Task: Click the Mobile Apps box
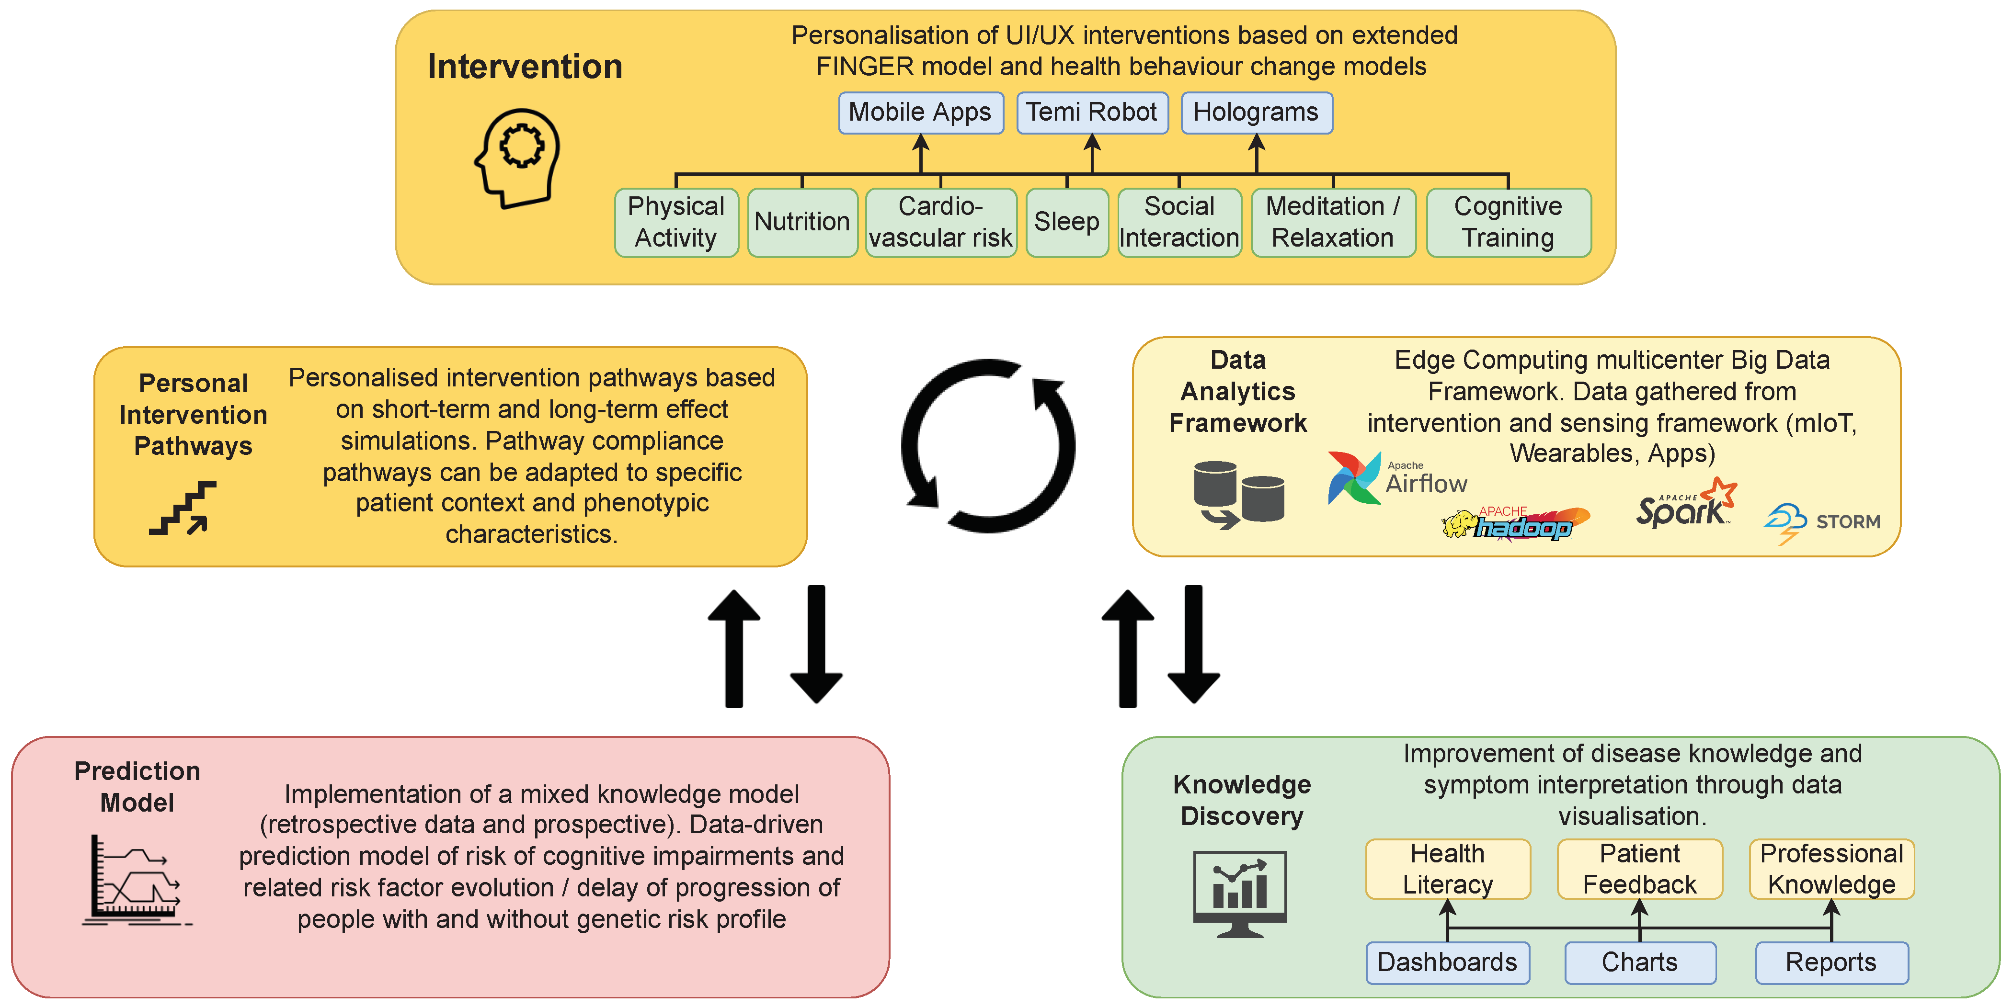tap(921, 113)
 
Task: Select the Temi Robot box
tap(1092, 113)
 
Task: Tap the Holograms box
tap(1257, 113)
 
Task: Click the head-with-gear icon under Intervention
tap(517, 158)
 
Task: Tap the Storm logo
tap(1821, 522)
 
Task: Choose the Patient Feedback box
tap(1639, 869)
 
